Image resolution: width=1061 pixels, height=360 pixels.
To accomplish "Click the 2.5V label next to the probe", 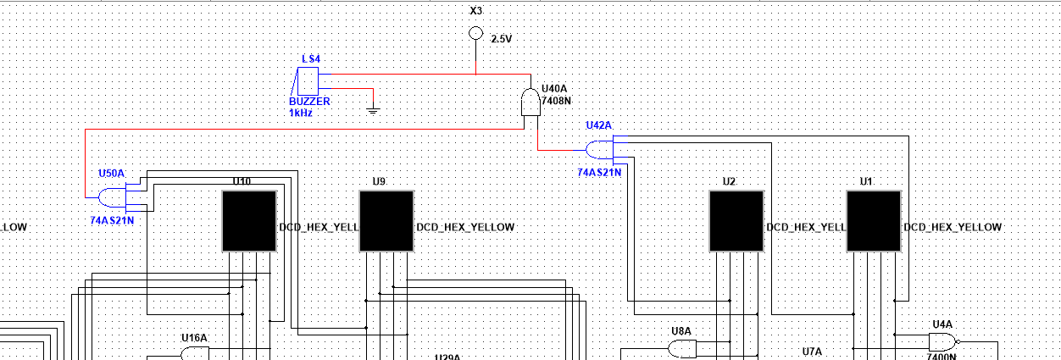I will tap(503, 39).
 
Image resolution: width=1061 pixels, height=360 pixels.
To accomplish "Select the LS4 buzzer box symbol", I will tap(307, 81).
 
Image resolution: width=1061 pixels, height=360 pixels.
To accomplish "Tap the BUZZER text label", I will tap(309, 101).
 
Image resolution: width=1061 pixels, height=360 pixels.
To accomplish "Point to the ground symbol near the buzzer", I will tap(371, 109).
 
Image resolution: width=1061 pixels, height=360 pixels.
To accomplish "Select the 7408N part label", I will tap(557, 100).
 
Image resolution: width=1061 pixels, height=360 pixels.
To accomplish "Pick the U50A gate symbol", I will tap(112, 198).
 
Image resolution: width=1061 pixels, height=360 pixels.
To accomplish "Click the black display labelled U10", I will tap(249, 220).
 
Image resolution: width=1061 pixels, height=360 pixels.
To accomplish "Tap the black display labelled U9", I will tap(386, 220).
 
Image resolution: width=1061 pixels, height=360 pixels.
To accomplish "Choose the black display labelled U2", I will tap(736, 220).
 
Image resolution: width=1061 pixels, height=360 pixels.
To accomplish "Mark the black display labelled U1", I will tap(874, 220).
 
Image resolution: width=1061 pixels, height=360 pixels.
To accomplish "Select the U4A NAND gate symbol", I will tap(942, 342).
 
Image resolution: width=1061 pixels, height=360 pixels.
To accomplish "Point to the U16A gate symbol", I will tap(193, 352).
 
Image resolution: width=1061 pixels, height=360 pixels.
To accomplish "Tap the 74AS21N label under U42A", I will tap(599, 172).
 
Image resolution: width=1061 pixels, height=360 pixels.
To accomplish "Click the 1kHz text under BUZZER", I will tap(301, 112).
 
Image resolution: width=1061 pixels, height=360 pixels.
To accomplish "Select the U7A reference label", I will tap(813, 351).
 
